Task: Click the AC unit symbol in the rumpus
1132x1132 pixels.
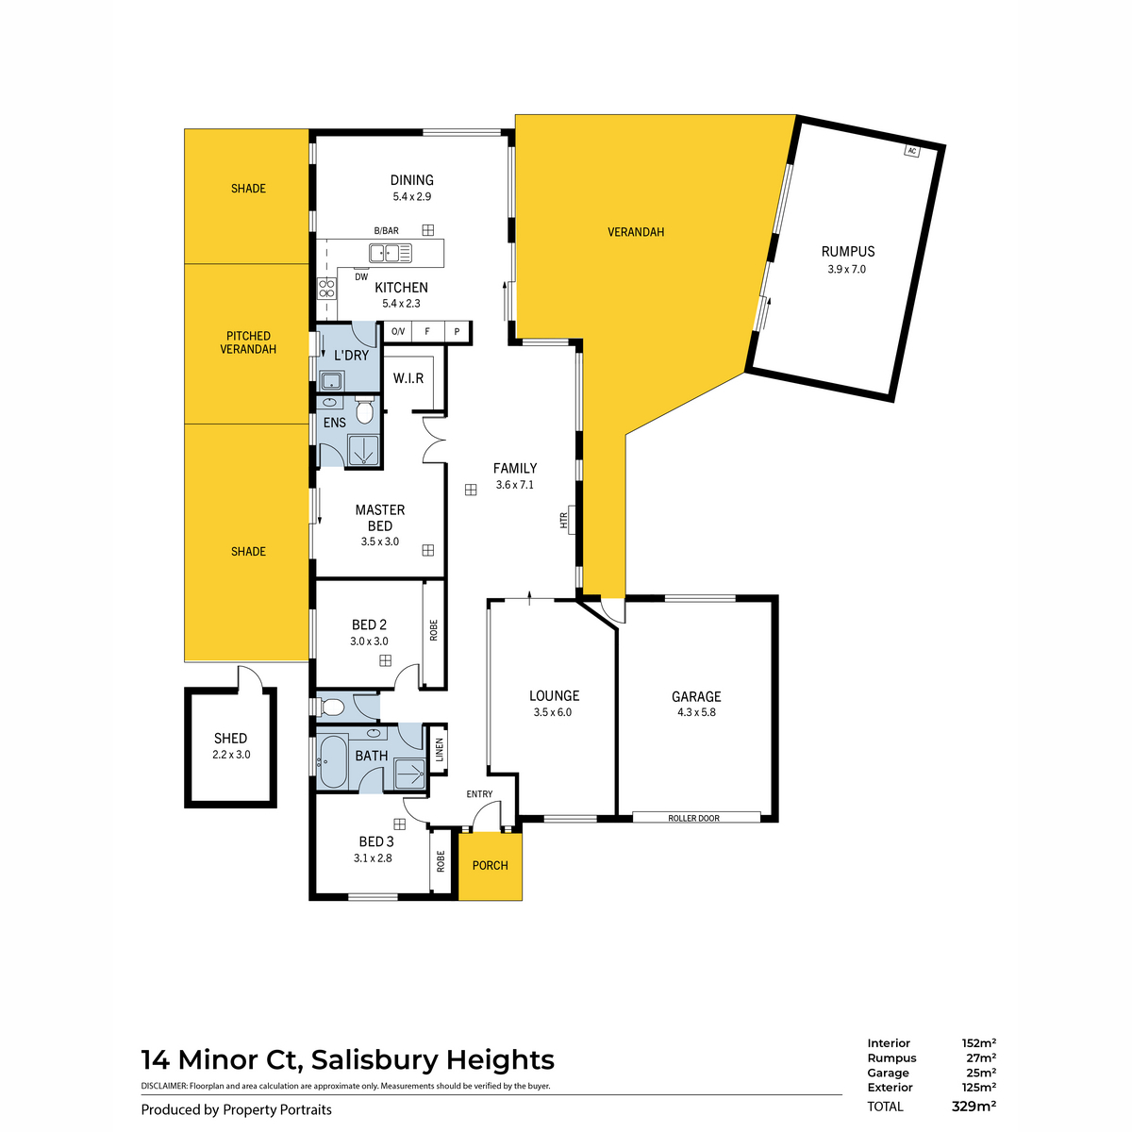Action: [x=911, y=151]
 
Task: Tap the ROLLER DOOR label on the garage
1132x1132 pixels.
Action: [x=693, y=818]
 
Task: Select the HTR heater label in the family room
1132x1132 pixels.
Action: [x=564, y=520]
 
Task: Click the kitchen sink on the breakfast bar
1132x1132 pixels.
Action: [x=390, y=252]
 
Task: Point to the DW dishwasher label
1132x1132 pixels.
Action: [x=361, y=276]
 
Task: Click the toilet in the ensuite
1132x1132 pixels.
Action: [x=366, y=412]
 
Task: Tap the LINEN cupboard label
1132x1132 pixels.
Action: [x=440, y=749]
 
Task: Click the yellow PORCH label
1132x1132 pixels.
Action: [x=490, y=865]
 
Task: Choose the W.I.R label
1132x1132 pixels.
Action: [x=408, y=378]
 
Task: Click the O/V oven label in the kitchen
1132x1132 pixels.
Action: [x=398, y=331]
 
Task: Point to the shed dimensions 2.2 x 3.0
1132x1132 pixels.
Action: [x=231, y=755]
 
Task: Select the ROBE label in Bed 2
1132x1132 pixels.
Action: [x=434, y=630]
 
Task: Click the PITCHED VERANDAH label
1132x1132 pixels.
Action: [x=248, y=342]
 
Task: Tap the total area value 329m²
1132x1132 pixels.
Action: [x=974, y=1107]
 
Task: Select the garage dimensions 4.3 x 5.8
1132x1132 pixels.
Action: [x=696, y=712]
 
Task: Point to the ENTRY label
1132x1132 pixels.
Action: [x=479, y=794]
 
